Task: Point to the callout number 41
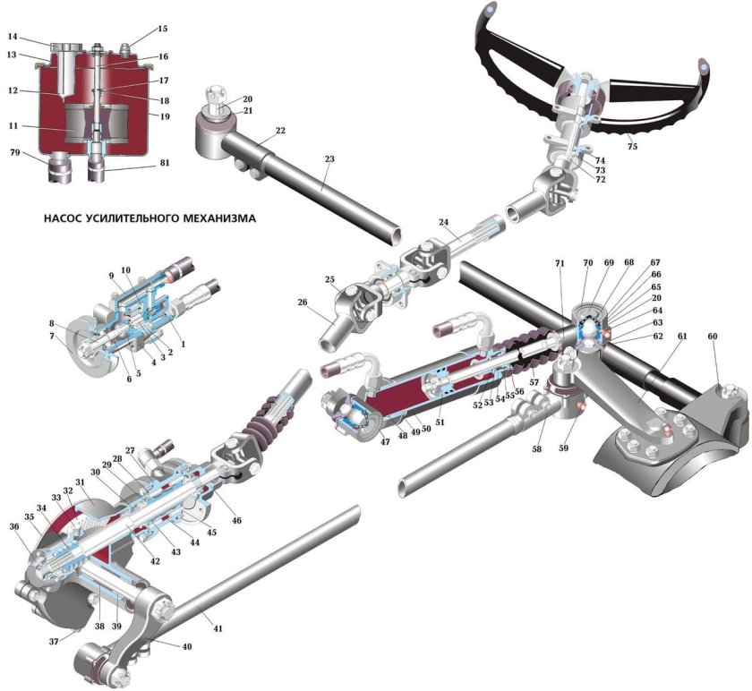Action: (218, 628)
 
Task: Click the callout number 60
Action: (714, 338)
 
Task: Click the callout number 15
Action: (162, 29)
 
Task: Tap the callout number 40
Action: (187, 645)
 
